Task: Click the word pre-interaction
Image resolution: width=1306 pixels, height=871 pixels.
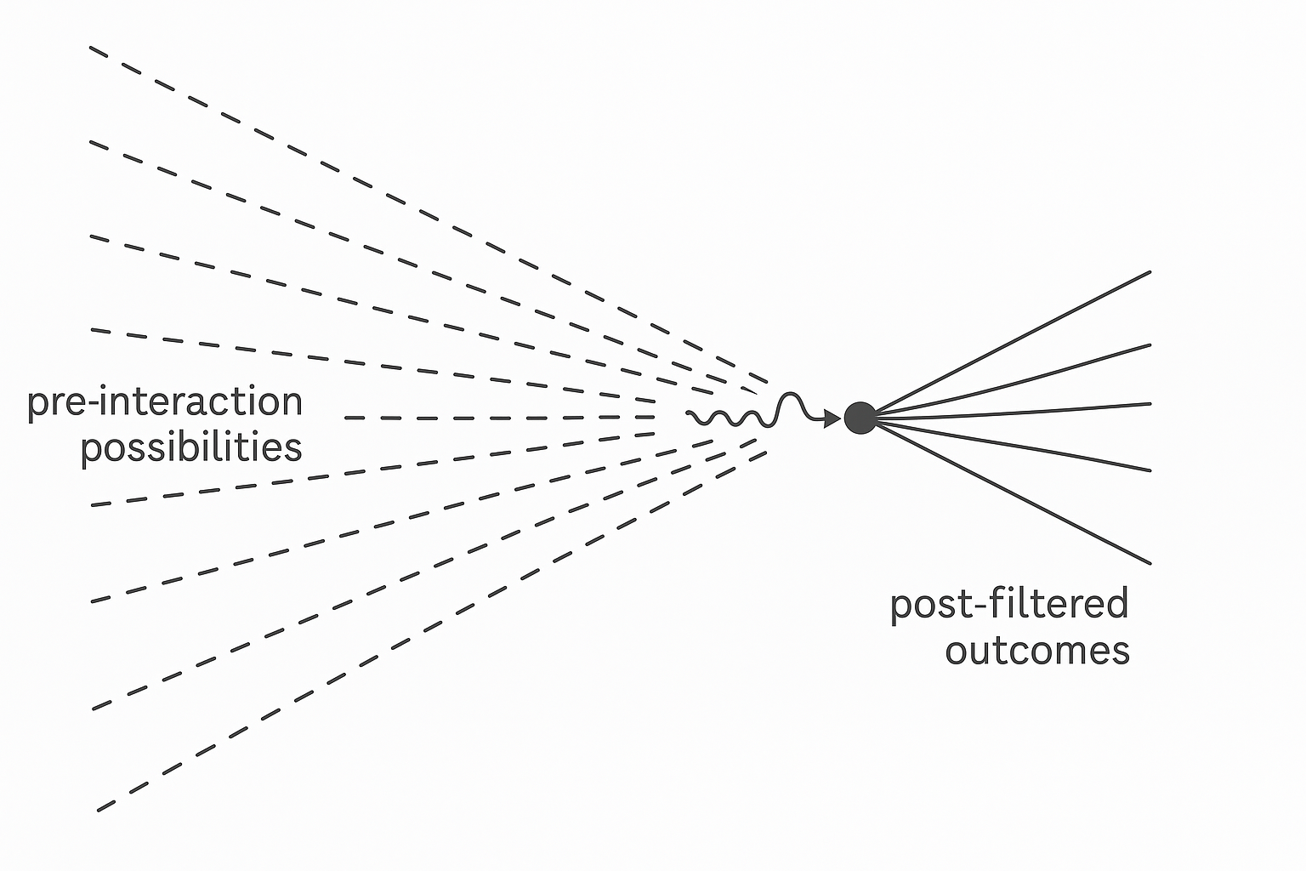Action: coord(165,401)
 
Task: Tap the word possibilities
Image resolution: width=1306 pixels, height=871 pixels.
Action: coord(191,448)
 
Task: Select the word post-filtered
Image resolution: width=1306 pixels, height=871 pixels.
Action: coord(1009,604)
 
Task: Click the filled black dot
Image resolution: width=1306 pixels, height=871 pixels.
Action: coord(860,418)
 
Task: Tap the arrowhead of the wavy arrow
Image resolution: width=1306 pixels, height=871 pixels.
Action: coord(832,418)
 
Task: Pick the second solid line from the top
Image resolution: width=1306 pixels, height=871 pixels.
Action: coord(1013,379)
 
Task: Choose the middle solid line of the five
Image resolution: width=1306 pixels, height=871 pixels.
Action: coord(1013,411)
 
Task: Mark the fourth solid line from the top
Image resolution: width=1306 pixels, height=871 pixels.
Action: coord(1013,446)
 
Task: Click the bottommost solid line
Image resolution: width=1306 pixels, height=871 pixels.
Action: coord(1013,493)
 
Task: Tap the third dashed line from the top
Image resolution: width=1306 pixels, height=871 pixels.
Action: coord(402,316)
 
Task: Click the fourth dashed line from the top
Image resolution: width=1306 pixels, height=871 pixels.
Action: coord(373,366)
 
